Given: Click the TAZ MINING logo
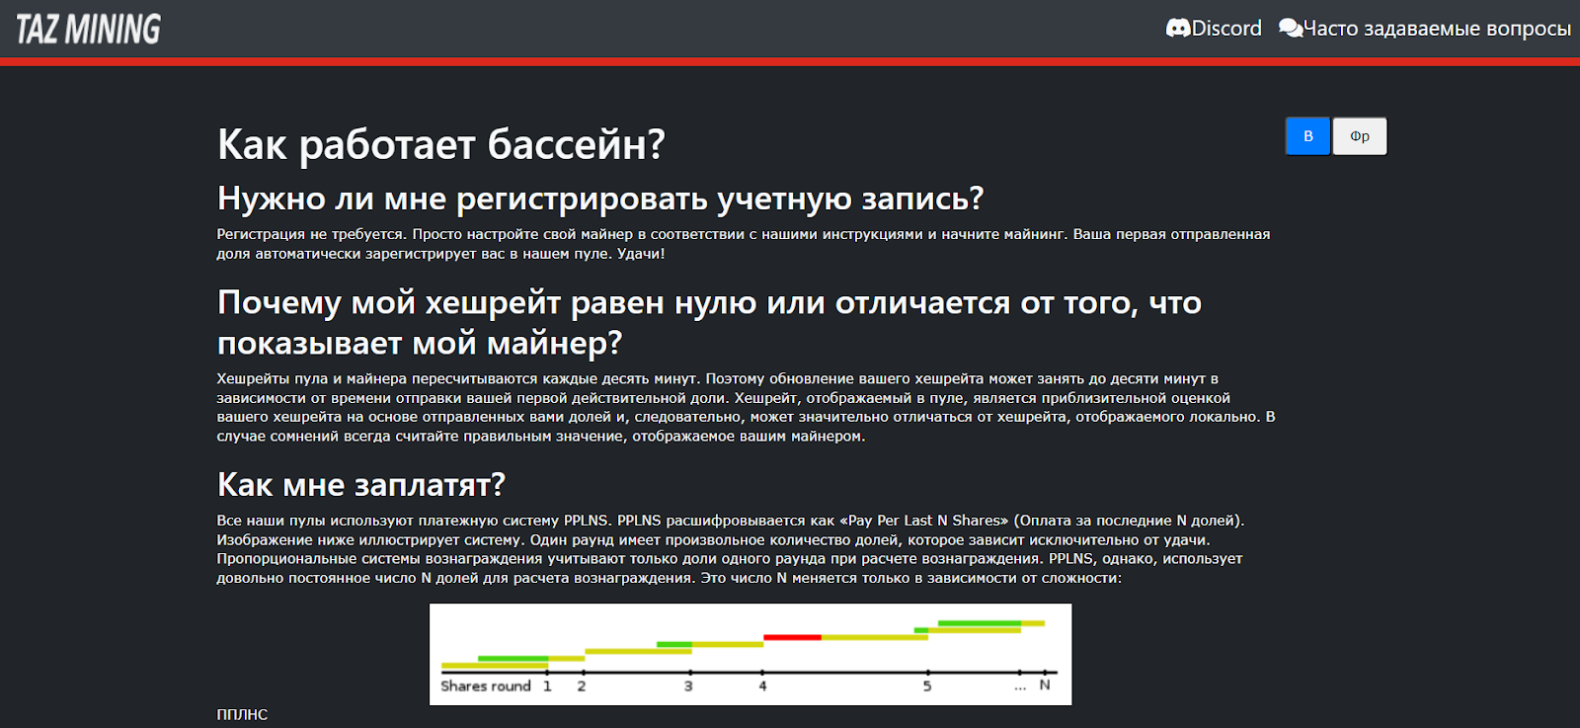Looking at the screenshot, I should tap(88, 29).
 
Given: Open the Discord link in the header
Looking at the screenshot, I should tap(1225, 29).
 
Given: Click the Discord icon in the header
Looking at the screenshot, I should tap(1177, 29).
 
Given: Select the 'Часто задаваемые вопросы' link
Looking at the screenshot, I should tap(1437, 29).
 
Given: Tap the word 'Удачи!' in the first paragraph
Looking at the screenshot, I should tap(641, 254).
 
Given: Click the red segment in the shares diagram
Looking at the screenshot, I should tap(792, 637).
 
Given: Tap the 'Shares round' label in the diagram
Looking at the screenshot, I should tap(485, 686).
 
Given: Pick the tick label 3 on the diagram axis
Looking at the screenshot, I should tap(688, 686).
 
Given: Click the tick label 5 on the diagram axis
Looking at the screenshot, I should tap(927, 686).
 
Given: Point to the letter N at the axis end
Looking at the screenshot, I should tap(1045, 685).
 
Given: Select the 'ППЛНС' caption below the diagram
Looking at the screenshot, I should tap(242, 714).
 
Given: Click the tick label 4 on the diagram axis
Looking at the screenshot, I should tap(762, 686).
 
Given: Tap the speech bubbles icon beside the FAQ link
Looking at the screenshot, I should tap(1291, 29).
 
